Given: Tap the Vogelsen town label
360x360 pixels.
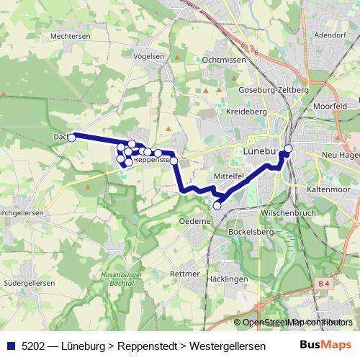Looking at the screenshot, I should pos(149,55).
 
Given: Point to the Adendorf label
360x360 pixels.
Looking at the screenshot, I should pos(330,34).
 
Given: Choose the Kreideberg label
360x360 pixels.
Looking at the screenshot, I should pos(246,112).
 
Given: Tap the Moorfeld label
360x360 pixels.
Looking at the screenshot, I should pos(330,106).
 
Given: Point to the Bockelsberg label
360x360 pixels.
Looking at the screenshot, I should pos(248,232).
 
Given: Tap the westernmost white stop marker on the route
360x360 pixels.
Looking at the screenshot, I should pos(72,137).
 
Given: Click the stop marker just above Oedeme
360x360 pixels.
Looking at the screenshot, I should pos(217,206).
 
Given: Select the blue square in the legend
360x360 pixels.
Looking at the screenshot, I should pos(10,345).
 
